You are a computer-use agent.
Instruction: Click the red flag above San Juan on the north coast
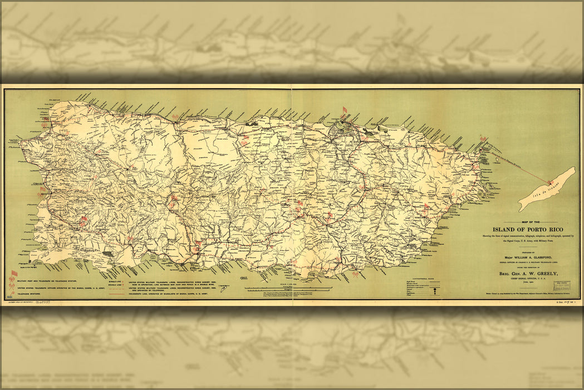click(x=343, y=109)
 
